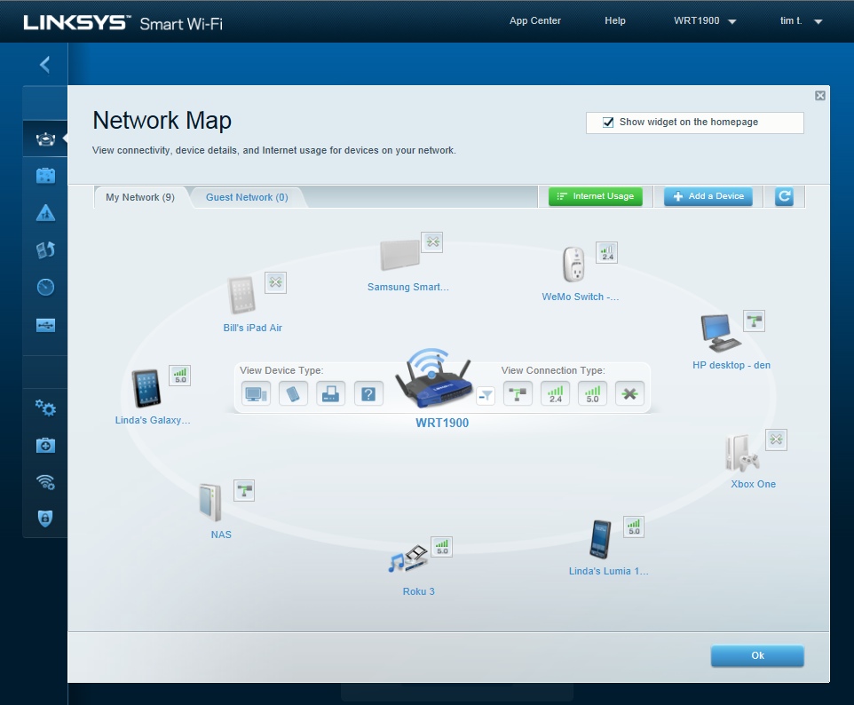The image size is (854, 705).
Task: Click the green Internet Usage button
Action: [596, 196]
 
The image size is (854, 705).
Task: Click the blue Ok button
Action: [757, 655]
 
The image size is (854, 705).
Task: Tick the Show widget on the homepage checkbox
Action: [608, 122]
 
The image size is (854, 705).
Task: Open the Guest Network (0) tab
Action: [247, 197]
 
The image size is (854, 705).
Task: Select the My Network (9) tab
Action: [140, 197]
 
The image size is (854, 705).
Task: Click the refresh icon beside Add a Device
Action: [784, 196]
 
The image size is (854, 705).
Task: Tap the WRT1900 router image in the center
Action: [434, 378]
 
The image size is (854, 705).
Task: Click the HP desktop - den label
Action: [731, 365]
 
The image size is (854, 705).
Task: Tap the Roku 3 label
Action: [419, 591]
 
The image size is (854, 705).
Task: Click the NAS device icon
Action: [210, 503]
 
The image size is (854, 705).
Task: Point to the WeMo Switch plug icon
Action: [574, 265]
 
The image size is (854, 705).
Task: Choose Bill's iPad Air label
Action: [253, 328]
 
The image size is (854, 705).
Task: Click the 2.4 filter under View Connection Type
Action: [555, 393]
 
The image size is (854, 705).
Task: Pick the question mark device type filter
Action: [368, 393]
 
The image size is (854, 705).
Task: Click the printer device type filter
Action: [330, 393]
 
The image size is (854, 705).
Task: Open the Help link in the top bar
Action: [615, 20]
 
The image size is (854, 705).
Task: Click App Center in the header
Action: [534, 20]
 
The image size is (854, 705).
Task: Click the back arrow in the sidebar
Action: [44, 64]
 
